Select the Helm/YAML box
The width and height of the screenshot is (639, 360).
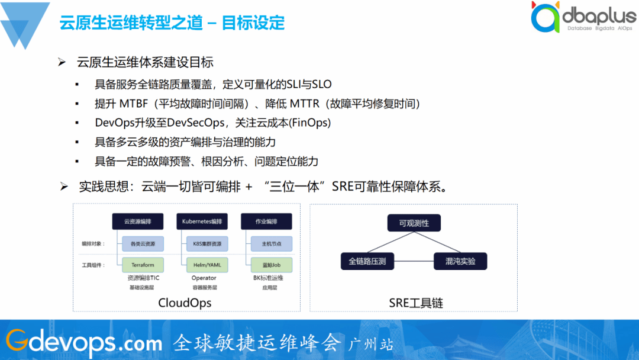click(x=202, y=265)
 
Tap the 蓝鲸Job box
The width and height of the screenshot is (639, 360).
click(x=266, y=265)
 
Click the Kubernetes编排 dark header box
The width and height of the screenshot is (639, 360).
click(x=202, y=221)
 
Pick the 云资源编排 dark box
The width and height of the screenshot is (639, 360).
click(x=138, y=221)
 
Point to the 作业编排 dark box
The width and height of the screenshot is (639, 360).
click(x=266, y=221)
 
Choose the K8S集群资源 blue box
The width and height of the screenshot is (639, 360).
click(x=202, y=243)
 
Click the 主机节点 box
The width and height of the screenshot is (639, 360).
click(x=266, y=243)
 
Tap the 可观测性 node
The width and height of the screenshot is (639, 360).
click(x=414, y=223)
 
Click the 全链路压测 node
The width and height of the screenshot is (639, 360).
click(x=367, y=261)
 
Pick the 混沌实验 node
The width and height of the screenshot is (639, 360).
click(x=460, y=261)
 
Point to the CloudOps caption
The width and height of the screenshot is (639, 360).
click(x=185, y=303)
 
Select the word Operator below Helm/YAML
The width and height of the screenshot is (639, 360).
click(x=203, y=278)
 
